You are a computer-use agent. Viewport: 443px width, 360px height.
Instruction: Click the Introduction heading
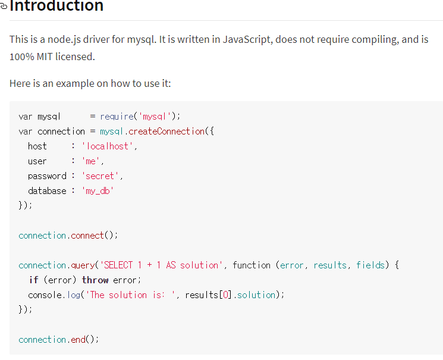click(x=56, y=7)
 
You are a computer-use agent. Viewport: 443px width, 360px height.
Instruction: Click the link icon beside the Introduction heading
click(x=4, y=7)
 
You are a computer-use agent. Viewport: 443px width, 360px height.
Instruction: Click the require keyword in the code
click(x=117, y=117)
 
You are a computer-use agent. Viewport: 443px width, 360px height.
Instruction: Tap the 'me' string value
click(x=92, y=161)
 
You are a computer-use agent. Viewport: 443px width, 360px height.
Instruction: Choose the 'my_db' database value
click(x=97, y=191)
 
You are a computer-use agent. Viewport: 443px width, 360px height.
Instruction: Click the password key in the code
click(x=47, y=176)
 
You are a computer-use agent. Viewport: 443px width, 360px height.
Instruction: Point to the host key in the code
click(x=37, y=146)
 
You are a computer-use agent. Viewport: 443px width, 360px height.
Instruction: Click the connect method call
click(x=87, y=236)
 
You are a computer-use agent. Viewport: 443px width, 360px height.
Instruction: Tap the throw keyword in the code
click(x=95, y=280)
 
